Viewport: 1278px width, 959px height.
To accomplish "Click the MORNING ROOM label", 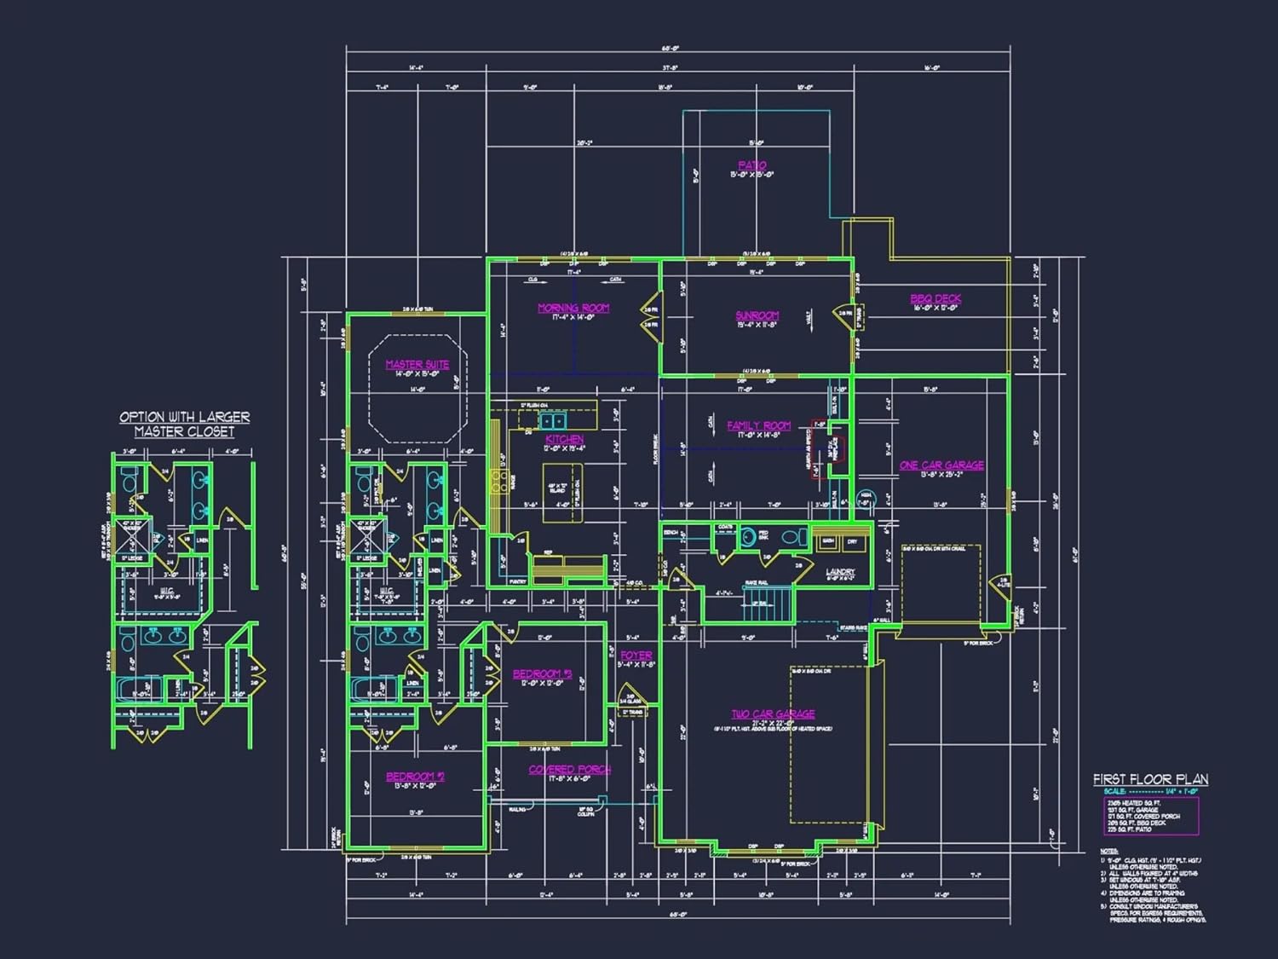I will coord(573,308).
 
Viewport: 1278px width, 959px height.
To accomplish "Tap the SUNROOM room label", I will coord(757,315).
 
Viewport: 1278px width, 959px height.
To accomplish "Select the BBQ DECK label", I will coord(935,298).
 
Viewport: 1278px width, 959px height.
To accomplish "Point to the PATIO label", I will coord(751,165).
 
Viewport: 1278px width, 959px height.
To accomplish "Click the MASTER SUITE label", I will coord(417,364).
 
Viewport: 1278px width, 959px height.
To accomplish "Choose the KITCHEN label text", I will coord(564,439).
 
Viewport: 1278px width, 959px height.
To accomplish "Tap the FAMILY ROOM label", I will coord(758,425).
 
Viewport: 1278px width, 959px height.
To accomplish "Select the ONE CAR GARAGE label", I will coord(941,465).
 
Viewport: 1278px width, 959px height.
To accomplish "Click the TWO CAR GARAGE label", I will coord(773,713).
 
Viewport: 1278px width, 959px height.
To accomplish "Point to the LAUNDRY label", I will coord(840,571).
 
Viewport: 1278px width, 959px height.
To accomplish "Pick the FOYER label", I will coord(636,656).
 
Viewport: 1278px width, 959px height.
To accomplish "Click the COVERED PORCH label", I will coord(569,769).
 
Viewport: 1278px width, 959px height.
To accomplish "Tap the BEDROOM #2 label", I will coord(415,777).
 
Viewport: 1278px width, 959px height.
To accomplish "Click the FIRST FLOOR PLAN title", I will coord(1150,779).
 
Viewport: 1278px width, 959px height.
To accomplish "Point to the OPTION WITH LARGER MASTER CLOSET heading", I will coord(184,424).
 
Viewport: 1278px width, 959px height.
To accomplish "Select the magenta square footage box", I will coord(1151,816).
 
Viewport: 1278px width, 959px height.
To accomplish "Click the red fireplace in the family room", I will coord(832,448).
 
